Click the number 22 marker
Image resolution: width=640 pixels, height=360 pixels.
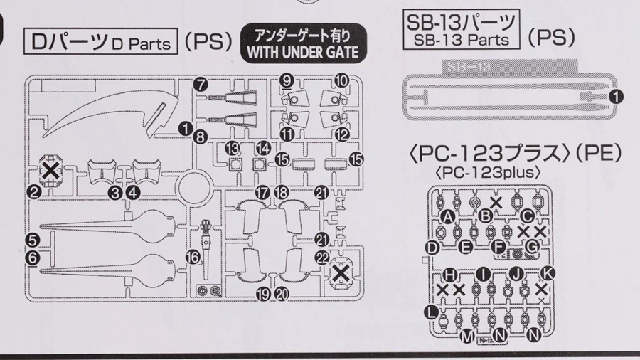[322, 256]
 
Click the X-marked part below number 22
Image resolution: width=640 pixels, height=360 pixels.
[341, 275]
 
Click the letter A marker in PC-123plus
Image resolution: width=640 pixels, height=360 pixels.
[447, 216]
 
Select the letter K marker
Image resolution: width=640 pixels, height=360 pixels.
[548, 273]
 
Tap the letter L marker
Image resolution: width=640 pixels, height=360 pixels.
[432, 311]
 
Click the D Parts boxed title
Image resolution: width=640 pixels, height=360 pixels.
[102, 43]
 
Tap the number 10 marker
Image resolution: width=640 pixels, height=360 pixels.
[341, 81]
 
